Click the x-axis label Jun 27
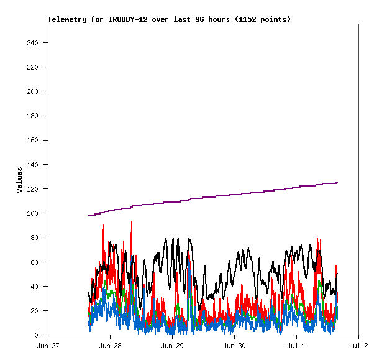48,345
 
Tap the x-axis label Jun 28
110,345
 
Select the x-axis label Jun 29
172,345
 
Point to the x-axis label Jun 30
234,345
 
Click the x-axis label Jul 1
296,345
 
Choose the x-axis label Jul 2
358,345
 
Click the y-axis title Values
19,180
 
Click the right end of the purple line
337,182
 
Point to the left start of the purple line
89,215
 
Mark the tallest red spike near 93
132,221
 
